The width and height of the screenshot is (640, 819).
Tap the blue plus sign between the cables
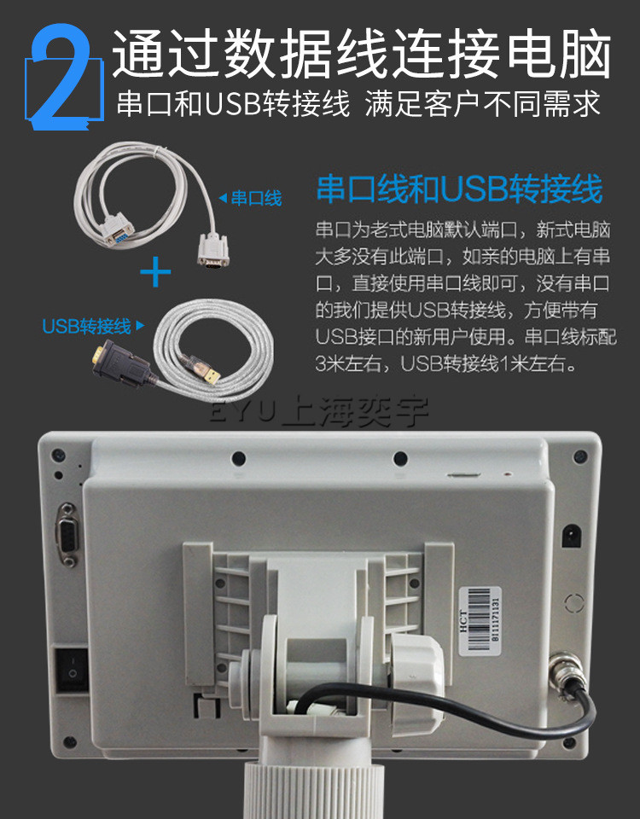coord(155,271)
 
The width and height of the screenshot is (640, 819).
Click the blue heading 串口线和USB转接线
coord(459,189)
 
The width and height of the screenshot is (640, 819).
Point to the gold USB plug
coord(211,374)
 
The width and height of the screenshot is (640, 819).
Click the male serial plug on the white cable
coord(213,251)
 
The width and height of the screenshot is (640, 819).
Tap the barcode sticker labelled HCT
coord(480,621)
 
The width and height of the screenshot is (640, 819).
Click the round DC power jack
coord(571,536)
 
